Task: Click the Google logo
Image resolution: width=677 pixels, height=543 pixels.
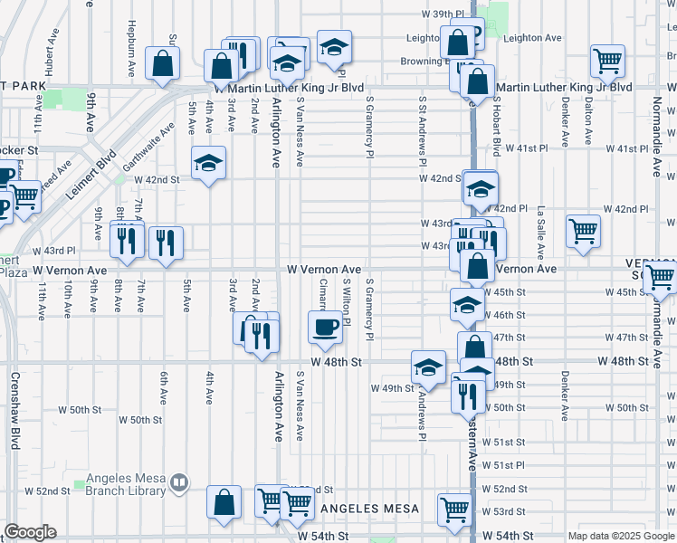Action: (30, 532)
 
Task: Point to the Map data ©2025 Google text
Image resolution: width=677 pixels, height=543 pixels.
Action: (621, 536)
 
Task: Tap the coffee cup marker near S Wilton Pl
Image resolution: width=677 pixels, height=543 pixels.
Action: (326, 326)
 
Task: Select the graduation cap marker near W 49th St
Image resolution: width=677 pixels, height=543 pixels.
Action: (429, 367)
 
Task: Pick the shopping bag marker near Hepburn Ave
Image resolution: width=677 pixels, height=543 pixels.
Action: (162, 64)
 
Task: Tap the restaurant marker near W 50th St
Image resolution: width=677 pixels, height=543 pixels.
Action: (468, 395)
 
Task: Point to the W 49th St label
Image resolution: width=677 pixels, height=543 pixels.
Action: (392, 388)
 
